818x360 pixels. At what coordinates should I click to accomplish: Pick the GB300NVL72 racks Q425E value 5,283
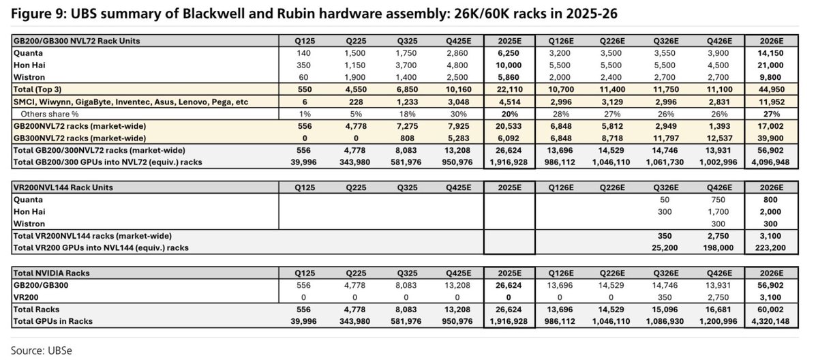tap(451, 138)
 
